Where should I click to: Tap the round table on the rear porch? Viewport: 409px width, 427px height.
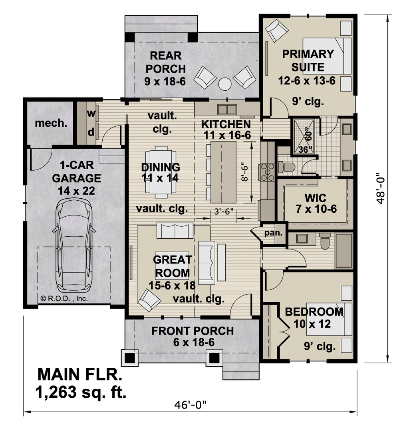point(225,84)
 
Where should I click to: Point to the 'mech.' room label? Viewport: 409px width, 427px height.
point(51,124)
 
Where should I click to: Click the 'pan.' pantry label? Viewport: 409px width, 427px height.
point(273,233)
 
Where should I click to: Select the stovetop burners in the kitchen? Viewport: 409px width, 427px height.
point(268,172)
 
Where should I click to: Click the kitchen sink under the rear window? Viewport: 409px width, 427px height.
point(227,110)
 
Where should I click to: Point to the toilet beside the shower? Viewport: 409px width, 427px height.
point(286,167)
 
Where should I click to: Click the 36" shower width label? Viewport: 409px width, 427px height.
point(305,150)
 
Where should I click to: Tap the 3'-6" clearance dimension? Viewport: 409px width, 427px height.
point(224,212)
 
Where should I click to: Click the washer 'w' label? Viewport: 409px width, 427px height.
point(91,113)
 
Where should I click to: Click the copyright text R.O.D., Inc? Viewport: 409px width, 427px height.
point(64,299)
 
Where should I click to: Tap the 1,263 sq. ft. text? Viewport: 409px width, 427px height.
point(81,392)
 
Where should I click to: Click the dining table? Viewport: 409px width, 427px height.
point(161,172)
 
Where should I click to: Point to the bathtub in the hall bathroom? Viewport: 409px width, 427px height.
point(344,251)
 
